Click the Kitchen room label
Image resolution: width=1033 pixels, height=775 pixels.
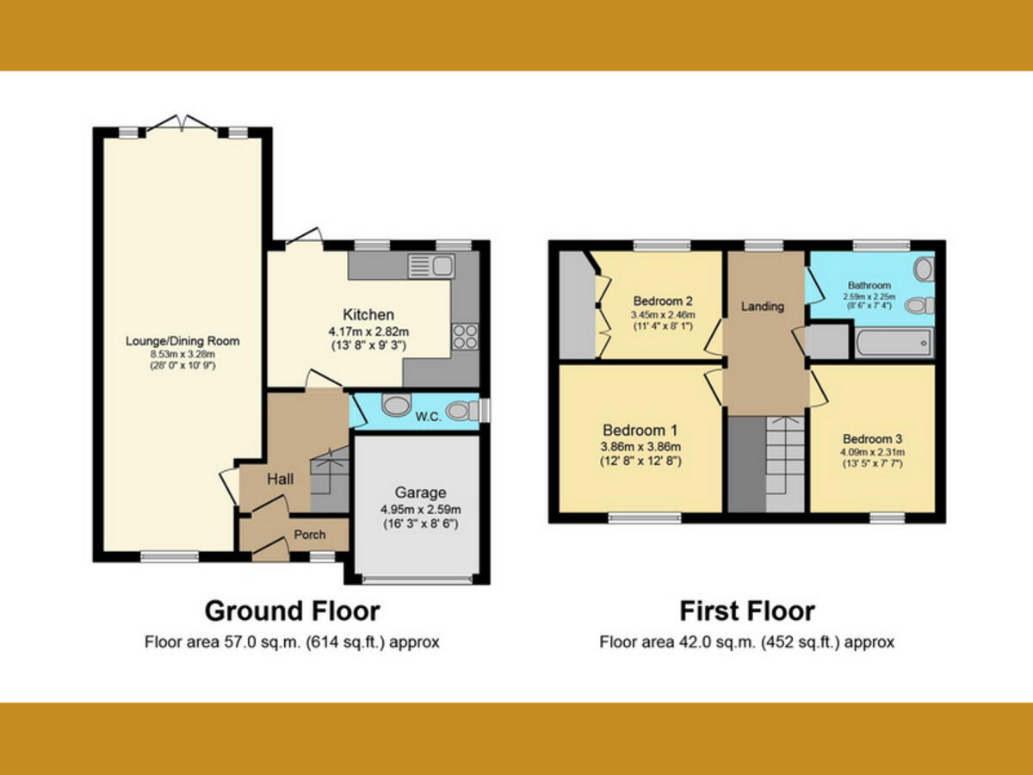(368, 314)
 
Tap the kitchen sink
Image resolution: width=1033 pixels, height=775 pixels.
(442, 266)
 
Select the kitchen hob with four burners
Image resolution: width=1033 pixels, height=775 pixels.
(466, 336)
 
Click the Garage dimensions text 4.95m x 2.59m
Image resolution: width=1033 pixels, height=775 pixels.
(420, 508)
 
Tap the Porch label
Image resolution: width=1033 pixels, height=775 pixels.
(310, 535)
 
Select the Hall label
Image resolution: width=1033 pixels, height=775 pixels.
(280, 478)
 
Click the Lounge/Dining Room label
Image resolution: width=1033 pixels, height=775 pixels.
(182, 341)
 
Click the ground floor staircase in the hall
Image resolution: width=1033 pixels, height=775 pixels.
(330, 479)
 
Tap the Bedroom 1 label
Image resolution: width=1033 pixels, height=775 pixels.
(640, 431)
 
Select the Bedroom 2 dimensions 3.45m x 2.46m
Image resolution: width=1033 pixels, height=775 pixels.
(663, 315)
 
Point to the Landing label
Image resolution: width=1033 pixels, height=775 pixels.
(763, 307)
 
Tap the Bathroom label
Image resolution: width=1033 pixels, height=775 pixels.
(869, 285)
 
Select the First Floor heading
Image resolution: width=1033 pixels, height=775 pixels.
(746, 611)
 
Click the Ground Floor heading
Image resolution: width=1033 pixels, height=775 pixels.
(292, 611)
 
